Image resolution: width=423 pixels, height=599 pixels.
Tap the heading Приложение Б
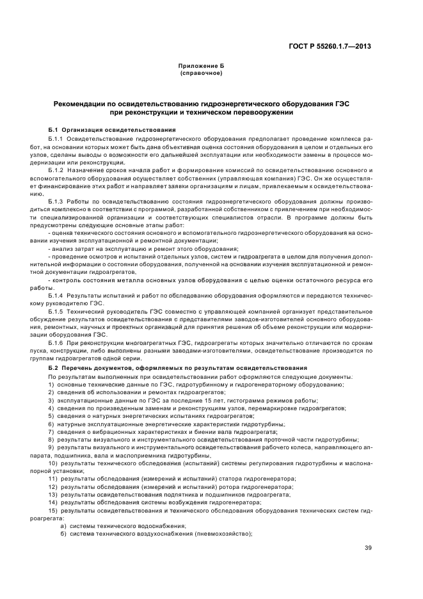coord(201,67)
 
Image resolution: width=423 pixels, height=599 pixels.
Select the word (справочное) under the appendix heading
coord(201,74)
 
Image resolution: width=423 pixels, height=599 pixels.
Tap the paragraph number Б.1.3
coord(58,200)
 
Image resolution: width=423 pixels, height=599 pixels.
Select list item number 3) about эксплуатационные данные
coord(51,399)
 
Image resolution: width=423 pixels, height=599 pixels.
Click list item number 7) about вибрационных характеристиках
coord(51,431)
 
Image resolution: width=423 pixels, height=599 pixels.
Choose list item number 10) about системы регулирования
coord(53,463)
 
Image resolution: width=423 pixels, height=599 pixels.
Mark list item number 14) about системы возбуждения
coord(53,502)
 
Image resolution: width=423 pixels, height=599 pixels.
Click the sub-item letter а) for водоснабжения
coord(63,526)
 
